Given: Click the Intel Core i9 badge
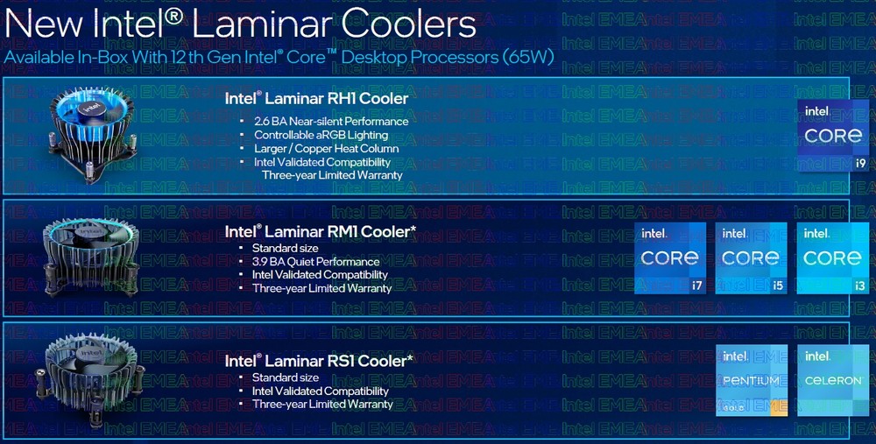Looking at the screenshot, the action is (833, 136).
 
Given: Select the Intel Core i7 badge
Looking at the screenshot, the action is (670, 258).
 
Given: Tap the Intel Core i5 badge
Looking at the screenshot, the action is (752, 258).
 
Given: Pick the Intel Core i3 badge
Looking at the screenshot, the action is (832, 258).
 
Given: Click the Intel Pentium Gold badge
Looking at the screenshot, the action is (752, 380).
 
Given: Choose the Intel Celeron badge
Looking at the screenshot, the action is (833, 380).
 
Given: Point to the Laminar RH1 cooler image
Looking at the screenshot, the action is (92, 135).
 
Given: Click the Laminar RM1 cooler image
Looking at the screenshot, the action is (91, 257).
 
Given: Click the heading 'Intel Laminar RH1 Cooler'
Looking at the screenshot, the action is (316, 99).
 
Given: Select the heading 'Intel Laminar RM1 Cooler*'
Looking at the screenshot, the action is (320, 231).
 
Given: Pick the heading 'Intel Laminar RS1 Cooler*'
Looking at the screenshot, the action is (319, 361).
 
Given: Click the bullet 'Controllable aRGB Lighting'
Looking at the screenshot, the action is (321, 135).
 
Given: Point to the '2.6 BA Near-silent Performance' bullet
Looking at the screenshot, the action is (331, 121).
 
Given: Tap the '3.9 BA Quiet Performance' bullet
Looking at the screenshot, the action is (315, 261).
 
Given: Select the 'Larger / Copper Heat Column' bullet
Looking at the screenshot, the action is (326, 149).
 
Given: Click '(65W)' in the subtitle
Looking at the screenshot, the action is (527, 57).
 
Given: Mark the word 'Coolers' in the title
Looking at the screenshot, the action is (408, 25).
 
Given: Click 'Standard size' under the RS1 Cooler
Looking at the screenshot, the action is (285, 377).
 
